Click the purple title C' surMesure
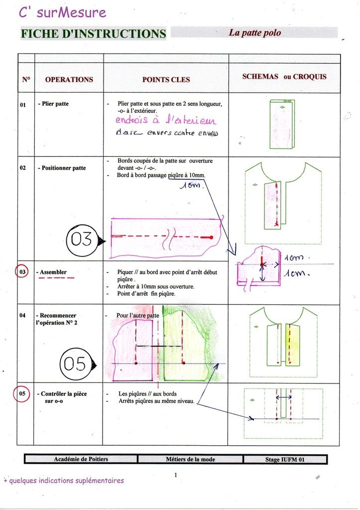tap(63, 12)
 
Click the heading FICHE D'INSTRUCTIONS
tap(93, 34)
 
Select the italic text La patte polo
tap(254, 33)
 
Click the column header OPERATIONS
tap(69, 79)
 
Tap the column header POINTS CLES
tap(166, 80)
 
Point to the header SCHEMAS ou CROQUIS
tap(284, 77)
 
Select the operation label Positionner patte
tap(62, 168)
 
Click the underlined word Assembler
tap(53, 272)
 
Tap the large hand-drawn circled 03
tap(82, 240)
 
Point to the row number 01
tap(23, 105)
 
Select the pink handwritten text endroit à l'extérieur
tap(166, 120)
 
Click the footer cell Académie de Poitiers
tap(81, 459)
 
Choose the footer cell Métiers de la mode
tap(190, 459)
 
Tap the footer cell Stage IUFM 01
tap(284, 459)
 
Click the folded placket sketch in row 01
tap(282, 124)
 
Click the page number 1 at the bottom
tap(176, 475)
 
